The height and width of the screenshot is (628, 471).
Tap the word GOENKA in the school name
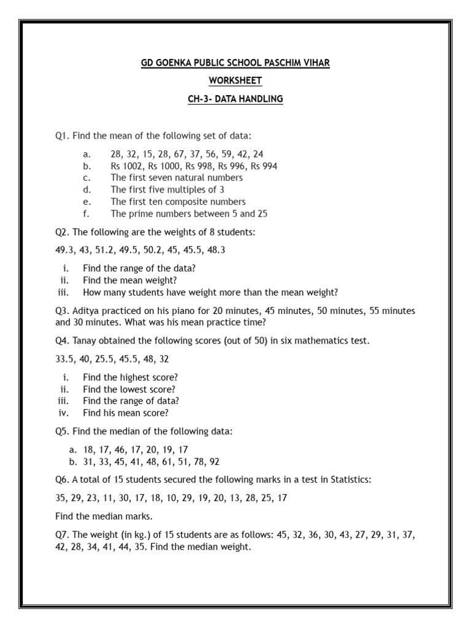click(178, 63)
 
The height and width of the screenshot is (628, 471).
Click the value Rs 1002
click(125, 166)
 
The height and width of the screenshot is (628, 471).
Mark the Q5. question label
click(63, 431)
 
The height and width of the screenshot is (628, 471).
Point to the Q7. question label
click(63, 535)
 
